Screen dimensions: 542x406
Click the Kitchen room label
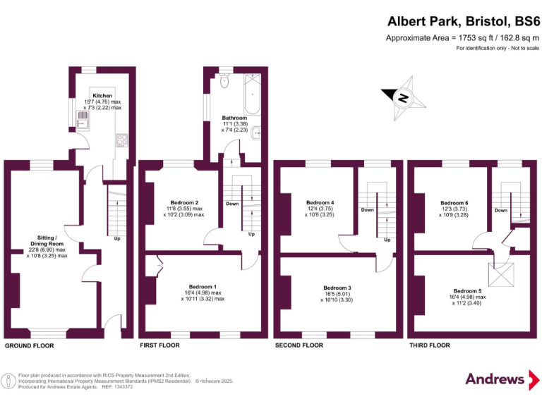[x=102, y=94]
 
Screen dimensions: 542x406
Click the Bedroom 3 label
[x=337, y=288]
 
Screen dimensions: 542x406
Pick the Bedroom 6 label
[x=454, y=203]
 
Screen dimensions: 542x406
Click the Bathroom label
[x=234, y=118]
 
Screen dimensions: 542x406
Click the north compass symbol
[x=402, y=99]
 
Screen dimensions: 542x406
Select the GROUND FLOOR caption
[x=29, y=346]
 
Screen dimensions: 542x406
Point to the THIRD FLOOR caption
[x=429, y=345]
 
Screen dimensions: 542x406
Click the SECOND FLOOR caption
[x=299, y=345]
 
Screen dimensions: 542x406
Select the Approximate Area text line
[x=462, y=37]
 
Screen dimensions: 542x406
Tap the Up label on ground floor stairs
[x=116, y=238]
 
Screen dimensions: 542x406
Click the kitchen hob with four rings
[x=123, y=140]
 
